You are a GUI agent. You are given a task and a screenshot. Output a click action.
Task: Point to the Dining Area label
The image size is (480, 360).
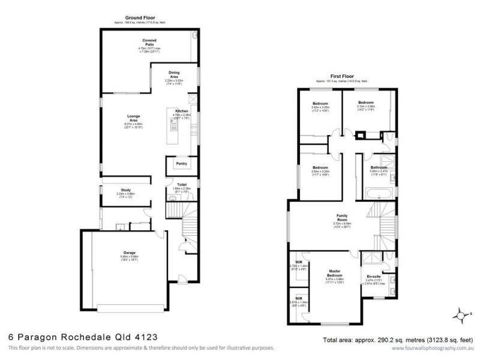(x=173, y=75)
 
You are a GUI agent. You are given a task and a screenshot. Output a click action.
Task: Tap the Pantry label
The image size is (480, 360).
(x=181, y=163)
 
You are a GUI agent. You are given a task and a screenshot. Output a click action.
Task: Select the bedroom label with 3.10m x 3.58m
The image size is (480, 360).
(x=367, y=103)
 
